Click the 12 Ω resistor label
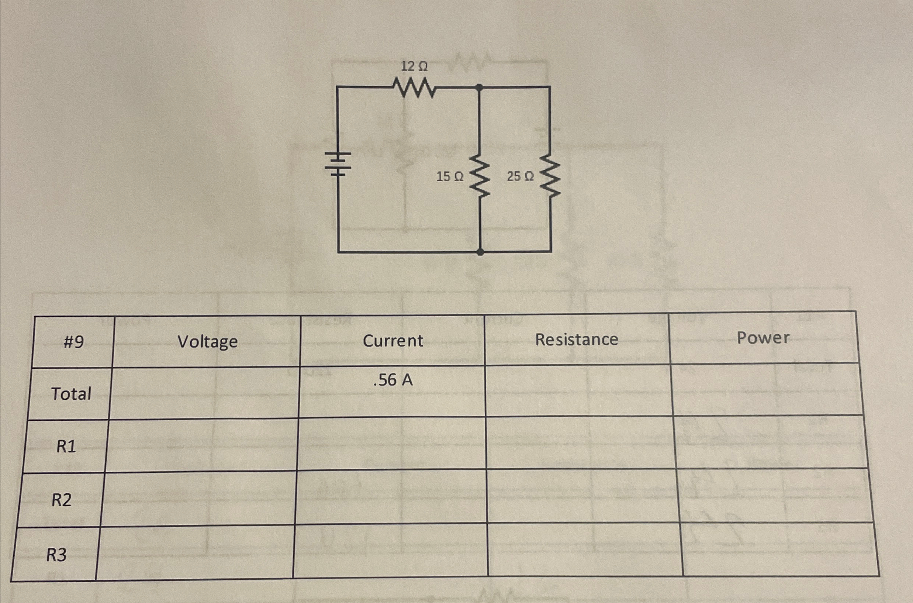[x=414, y=66]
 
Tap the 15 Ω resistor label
[x=450, y=176]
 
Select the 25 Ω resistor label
[x=520, y=176]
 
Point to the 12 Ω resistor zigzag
[x=414, y=88]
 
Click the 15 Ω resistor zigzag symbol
[x=480, y=176]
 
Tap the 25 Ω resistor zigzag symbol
[x=550, y=176]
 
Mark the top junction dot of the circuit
[x=479, y=88]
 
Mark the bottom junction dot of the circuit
[x=480, y=252]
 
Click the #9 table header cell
[x=73, y=341]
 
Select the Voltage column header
[x=208, y=341]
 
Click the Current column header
[x=393, y=341]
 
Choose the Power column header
[x=763, y=338]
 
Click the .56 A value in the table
[x=393, y=380]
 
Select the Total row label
[x=71, y=394]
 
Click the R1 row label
[x=66, y=447]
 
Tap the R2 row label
[x=62, y=500]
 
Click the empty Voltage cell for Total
[x=204, y=393]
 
